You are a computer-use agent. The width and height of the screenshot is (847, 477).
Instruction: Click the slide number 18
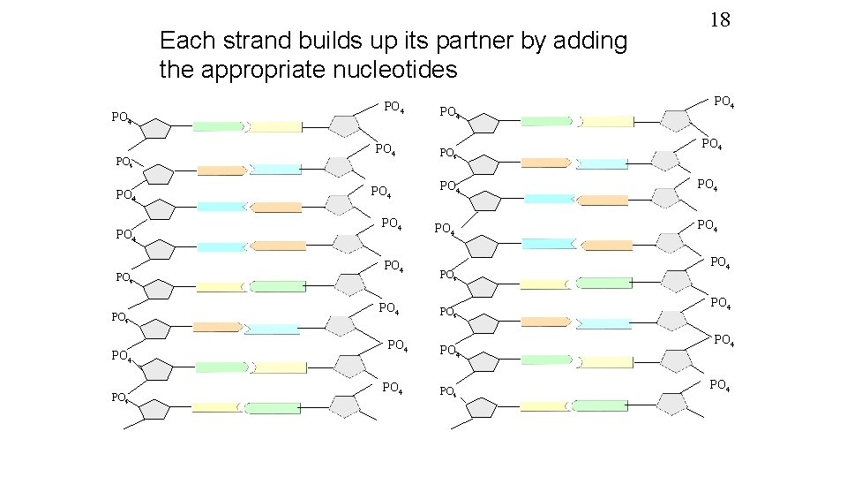tap(720, 19)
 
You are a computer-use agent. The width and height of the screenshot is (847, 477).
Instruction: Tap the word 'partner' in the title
tap(488, 42)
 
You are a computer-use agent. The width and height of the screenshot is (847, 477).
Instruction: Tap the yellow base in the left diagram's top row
tap(276, 126)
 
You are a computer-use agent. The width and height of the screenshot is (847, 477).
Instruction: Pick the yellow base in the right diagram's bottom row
tap(545, 406)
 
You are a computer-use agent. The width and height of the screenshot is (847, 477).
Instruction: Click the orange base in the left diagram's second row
tap(221, 170)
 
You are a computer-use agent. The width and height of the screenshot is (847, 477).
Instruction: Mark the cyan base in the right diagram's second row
tap(603, 163)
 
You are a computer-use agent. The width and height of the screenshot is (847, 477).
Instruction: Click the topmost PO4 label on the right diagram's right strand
tap(725, 102)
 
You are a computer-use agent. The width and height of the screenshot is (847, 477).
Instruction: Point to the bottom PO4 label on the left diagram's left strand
tap(123, 397)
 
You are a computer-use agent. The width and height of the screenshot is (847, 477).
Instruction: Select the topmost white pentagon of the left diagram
tap(157, 128)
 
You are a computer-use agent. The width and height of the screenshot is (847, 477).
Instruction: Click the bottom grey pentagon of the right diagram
tap(672, 402)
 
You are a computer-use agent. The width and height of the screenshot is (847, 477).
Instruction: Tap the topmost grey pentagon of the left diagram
tap(346, 125)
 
